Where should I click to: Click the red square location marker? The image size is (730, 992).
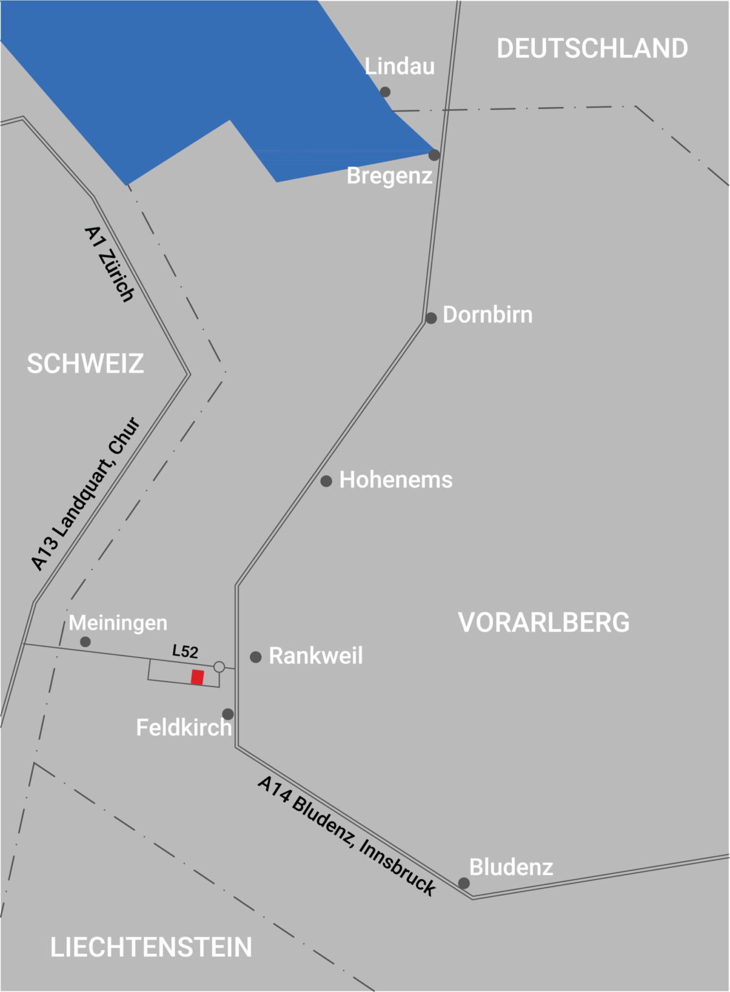(198, 677)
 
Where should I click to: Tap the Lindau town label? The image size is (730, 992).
(400, 66)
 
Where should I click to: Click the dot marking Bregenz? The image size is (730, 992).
(434, 155)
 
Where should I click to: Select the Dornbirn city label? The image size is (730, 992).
(488, 315)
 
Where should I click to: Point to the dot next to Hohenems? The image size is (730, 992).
(326, 480)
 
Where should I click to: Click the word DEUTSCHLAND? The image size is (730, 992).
(592, 48)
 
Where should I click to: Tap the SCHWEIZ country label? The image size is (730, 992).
(85, 364)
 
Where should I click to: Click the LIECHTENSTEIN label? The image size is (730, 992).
(151, 947)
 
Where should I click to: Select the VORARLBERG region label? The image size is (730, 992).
(543, 623)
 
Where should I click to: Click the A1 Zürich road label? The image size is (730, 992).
(110, 263)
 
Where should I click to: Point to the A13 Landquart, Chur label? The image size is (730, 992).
(85, 494)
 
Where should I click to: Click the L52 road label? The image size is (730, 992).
(185, 651)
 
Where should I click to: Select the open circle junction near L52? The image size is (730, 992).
(219, 666)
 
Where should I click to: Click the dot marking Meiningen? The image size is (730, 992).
(85, 641)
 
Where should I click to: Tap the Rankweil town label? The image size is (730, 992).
(315, 656)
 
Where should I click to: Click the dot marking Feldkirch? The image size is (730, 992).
(228, 714)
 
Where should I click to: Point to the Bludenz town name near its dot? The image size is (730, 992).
(511, 867)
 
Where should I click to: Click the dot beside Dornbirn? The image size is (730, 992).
(431, 318)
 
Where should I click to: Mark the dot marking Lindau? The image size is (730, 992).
(385, 92)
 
